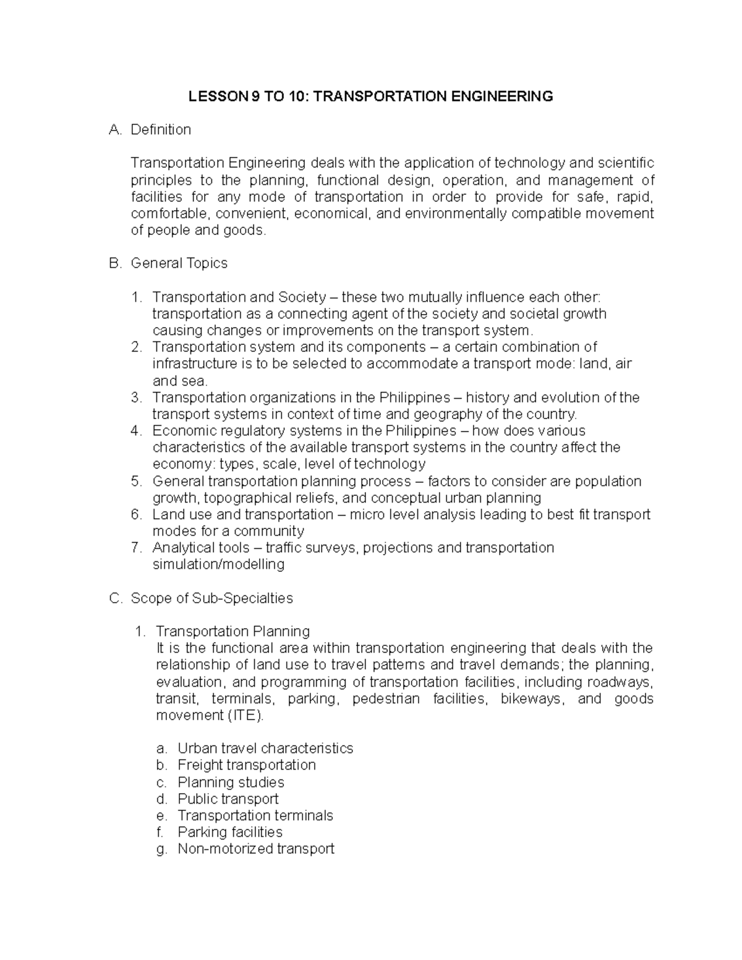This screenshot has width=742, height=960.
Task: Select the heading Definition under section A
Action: [161, 130]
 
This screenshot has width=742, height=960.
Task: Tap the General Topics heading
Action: [179, 263]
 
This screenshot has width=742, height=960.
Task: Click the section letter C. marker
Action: [115, 598]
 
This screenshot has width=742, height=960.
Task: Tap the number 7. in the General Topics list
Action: [137, 548]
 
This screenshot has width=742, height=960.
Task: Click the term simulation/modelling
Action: [218, 565]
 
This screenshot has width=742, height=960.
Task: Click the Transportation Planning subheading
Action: [232, 632]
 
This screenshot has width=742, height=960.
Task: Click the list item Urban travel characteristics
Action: [265, 749]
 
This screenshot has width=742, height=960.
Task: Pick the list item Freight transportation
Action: [247, 765]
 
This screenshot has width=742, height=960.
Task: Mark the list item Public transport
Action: [228, 799]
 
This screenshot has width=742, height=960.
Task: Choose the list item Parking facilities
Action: [230, 833]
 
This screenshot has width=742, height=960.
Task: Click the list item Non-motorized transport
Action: [256, 849]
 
